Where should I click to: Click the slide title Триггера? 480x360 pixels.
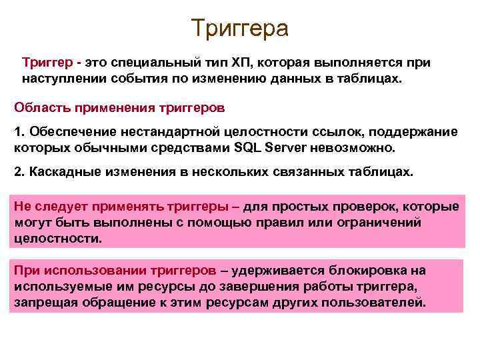click(x=239, y=28)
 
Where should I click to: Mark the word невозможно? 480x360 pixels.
click(x=357, y=147)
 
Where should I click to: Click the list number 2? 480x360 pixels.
click(x=19, y=171)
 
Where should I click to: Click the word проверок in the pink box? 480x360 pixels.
click(x=377, y=206)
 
